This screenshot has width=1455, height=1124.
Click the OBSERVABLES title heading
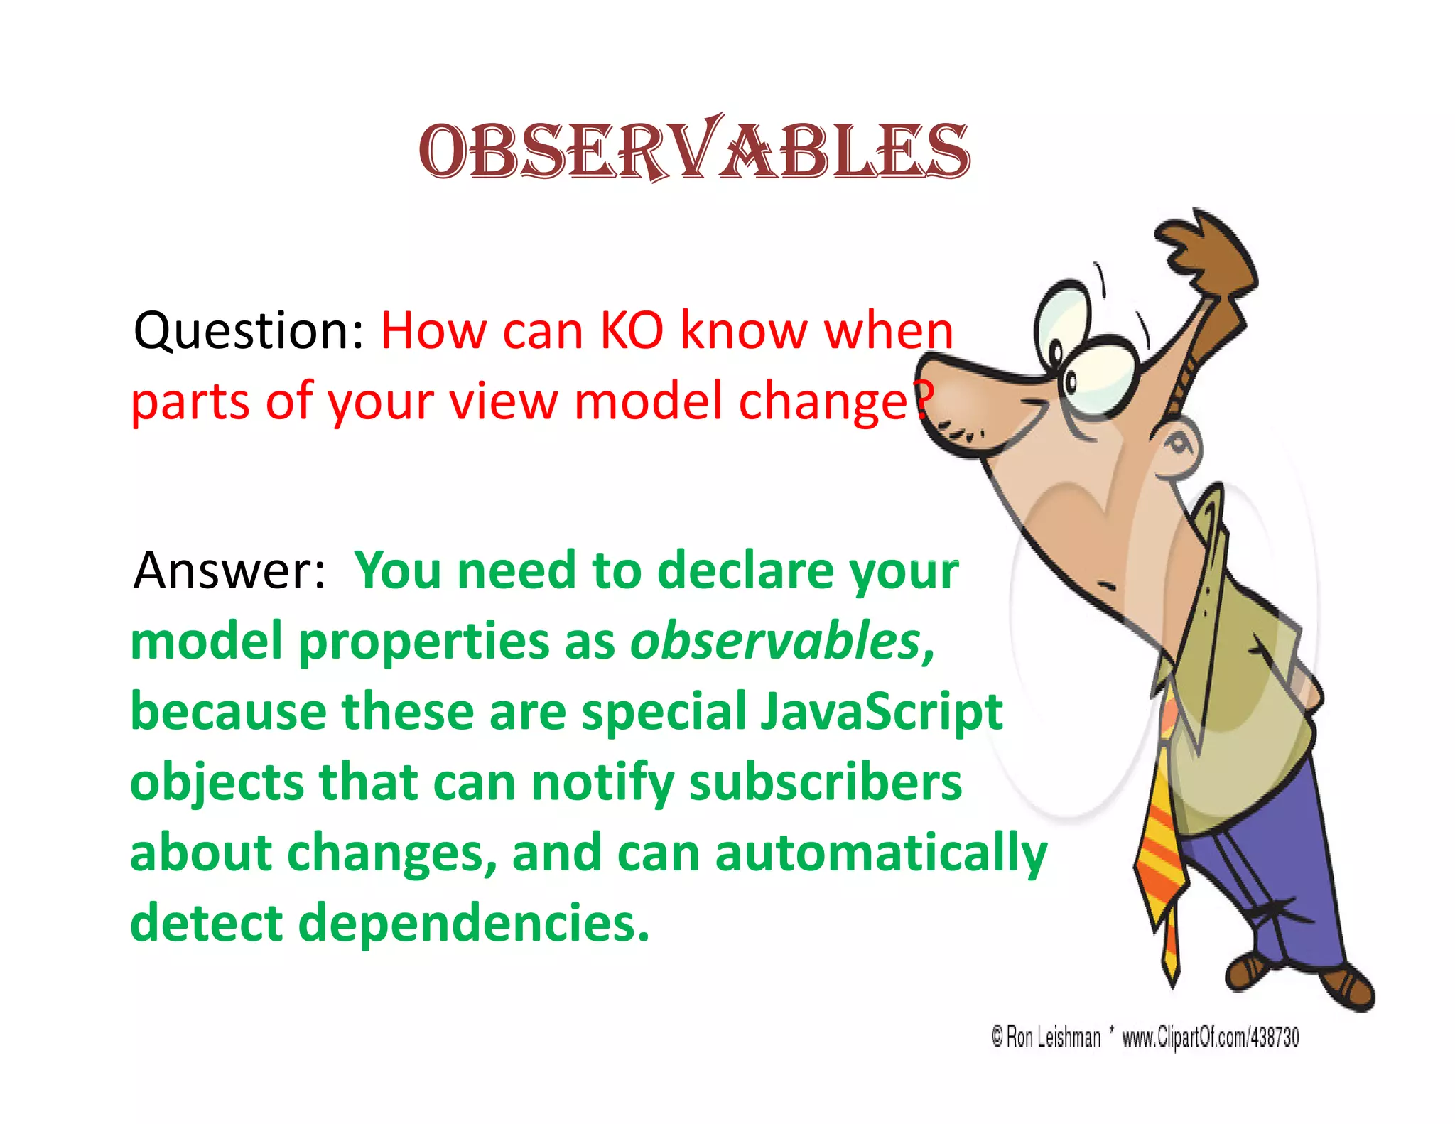pos(693,151)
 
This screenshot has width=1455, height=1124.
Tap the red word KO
pos(631,331)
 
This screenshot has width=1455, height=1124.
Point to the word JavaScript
pos(881,713)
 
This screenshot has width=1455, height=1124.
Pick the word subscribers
pos(825,783)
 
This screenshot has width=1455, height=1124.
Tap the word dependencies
pos(473,924)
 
